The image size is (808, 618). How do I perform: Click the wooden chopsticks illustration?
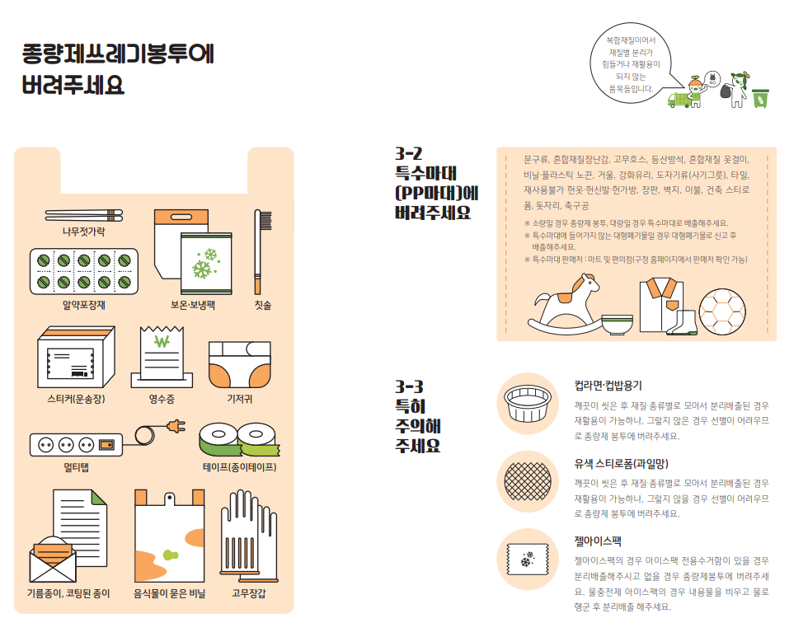pyautogui.click(x=84, y=215)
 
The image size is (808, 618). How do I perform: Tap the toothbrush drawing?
pyautogui.click(x=262, y=252)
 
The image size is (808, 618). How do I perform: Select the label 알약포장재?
pyautogui.click(x=84, y=305)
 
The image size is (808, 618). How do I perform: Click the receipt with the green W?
pyautogui.click(x=162, y=356)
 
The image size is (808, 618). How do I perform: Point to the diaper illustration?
pyautogui.click(x=240, y=364)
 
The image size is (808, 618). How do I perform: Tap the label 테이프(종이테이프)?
pyautogui.click(x=240, y=467)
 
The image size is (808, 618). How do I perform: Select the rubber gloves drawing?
pyautogui.click(x=249, y=536)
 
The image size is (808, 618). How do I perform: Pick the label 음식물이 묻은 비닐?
pyautogui.click(x=170, y=593)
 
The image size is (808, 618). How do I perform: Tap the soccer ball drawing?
pyautogui.click(x=722, y=311)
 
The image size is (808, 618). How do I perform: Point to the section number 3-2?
pyautogui.click(x=409, y=153)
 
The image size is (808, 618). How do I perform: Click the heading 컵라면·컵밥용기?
pyautogui.click(x=608, y=386)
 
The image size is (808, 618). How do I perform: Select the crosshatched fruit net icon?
pyautogui.click(x=527, y=481)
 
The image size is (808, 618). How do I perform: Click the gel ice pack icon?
pyautogui.click(x=527, y=559)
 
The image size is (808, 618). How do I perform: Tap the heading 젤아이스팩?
pyautogui.click(x=598, y=541)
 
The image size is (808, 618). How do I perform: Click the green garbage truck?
pyautogui.click(x=680, y=99)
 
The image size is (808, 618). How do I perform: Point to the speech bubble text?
pyautogui.click(x=631, y=64)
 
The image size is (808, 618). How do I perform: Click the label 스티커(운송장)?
pyautogui.click(x=76, y=399)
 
